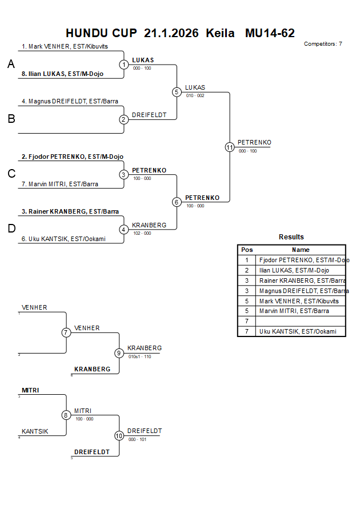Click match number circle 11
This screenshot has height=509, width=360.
tap(230, 147)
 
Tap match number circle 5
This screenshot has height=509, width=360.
tap(177, 92)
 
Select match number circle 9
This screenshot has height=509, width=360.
tap(119, 353)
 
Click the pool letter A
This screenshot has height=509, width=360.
tap(11, 65)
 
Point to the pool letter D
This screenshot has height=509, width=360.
tap(11, 229)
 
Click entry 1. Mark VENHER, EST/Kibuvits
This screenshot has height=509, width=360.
tap(65, 46)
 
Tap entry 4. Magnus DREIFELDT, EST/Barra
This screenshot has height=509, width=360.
tap(70, 101)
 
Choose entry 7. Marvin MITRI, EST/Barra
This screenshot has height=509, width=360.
tap(60, 184)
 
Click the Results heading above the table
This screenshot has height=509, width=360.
tap(291, 237)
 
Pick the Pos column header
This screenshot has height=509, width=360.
tap(247, 250)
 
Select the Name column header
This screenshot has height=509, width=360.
tap(301, 250)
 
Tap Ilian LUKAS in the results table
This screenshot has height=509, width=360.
tap(294, 270)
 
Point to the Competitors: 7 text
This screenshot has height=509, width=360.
tap(323, 43)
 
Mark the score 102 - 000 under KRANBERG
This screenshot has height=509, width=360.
tap(142, 233)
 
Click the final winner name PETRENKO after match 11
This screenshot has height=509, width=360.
tap(254, 142)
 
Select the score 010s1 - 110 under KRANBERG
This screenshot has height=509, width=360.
tap(140, 356)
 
